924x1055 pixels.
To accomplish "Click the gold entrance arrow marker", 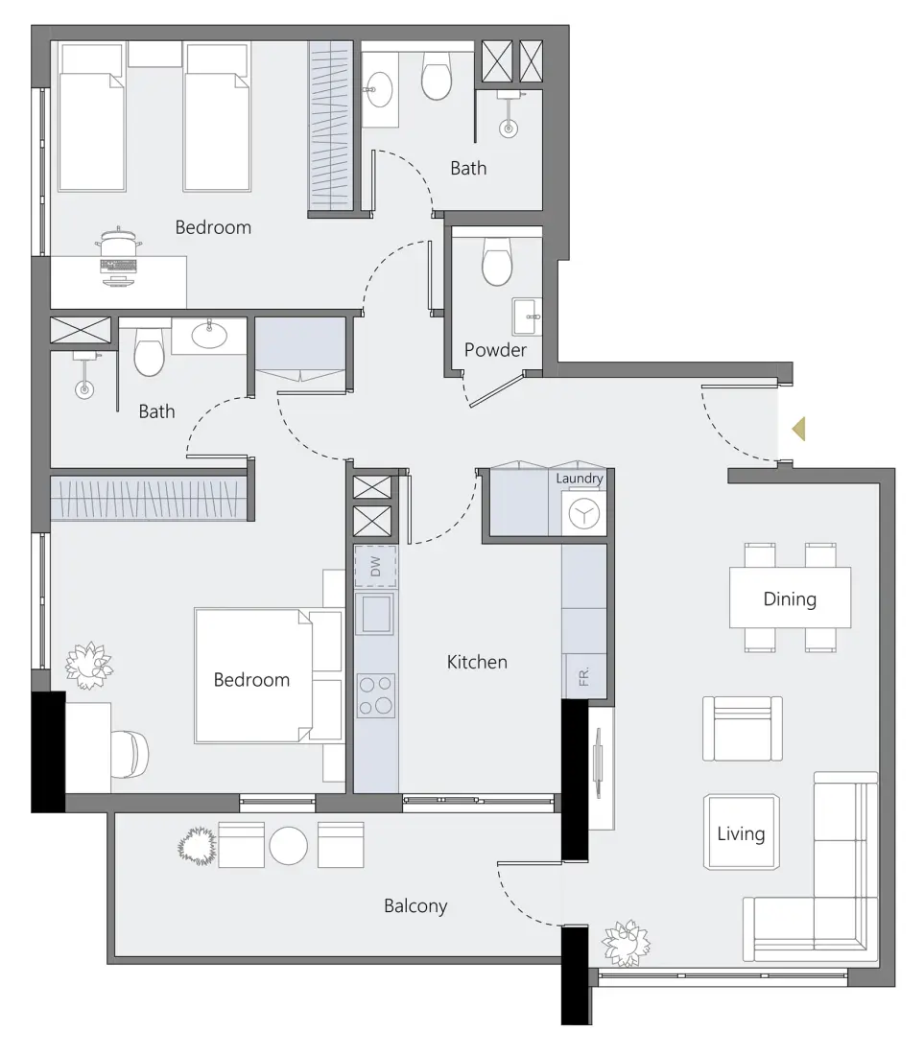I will (798, 430).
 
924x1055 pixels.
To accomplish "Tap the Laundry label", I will (580, 478).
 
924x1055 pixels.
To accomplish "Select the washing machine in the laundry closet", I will (581, 514).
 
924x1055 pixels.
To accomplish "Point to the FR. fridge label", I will (583, 678).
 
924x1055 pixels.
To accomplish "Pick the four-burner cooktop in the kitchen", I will (375, 695).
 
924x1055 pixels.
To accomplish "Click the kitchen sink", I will (374, 614).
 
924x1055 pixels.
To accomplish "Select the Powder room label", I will (495, 350).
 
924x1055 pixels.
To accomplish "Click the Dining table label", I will (790, 599).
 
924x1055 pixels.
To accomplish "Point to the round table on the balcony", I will (288, 845).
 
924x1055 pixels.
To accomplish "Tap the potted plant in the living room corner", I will (626, 943).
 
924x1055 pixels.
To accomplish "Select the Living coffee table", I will (742, 832).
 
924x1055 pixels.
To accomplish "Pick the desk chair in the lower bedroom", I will (130, 752).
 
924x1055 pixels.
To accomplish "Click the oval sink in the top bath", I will (377, 92).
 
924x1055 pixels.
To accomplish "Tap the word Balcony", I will (415, 905).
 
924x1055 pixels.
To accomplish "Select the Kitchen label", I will (477, 662).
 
